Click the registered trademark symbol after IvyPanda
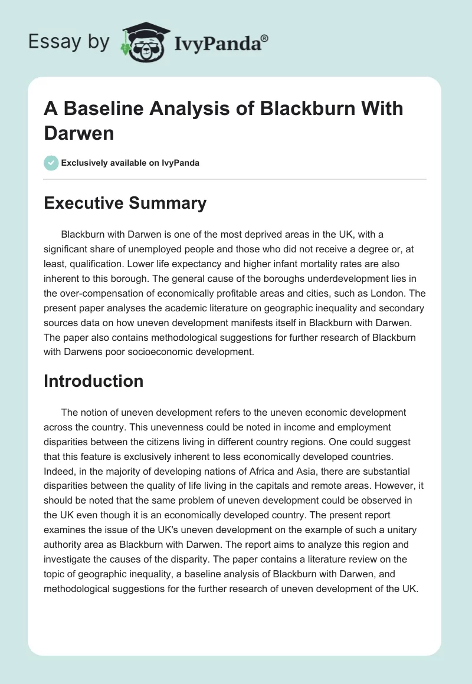click(264, 38)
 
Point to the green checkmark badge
click(51, 163)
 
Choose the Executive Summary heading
click(125, 203)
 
